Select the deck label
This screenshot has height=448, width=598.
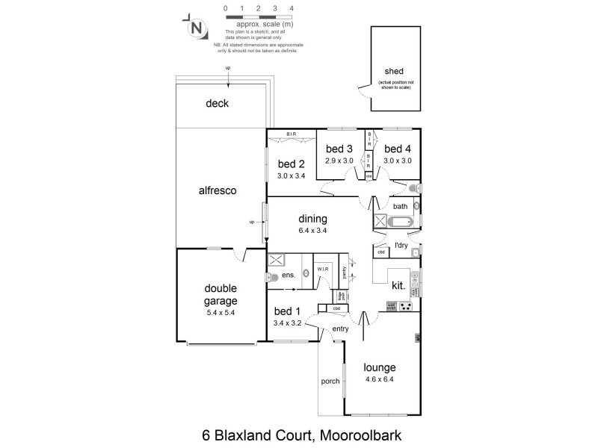[x=217, y=103]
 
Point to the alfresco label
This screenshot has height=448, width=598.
[x=218, y=190]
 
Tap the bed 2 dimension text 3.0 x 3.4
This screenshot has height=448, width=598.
[x=292, y=176]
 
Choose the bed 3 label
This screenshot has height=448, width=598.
[x=339, y=149]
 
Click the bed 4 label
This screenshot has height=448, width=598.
[x=398, y=149]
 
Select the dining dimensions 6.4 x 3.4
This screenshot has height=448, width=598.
[x=313, y=231]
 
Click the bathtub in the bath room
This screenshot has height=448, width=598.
[x=401, y=222]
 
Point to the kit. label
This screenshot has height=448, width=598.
[x=398, y=285]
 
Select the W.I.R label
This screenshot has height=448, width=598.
[x=323, y=268]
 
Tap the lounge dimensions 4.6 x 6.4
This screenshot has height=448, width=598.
[x=379, y=379]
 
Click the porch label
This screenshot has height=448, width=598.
[x=330, y=381]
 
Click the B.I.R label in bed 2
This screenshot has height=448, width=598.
[x=291, y=134]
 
